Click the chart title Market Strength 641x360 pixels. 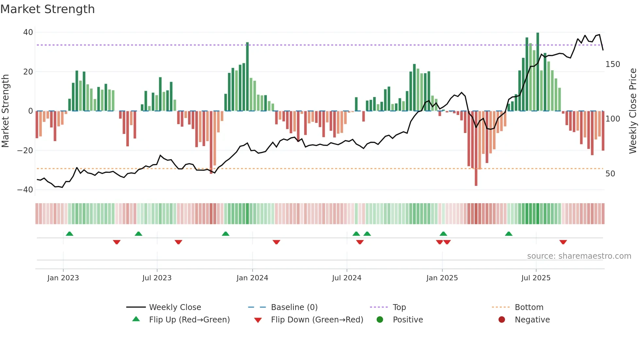pyautogui.click(x=47, y=9)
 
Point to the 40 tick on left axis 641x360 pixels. pyautogui.click(x=28, y=32)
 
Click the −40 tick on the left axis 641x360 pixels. pyautogui.click(x=25, y=190)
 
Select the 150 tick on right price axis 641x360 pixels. pyautogui.click(x=613, y=64)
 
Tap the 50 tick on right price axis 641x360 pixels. pyautogui.click(x=610, y=174)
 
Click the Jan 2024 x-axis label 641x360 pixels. pyautogui.click(x=252, y=278)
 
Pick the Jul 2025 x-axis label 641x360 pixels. pyautogui.click(x=536, y=278)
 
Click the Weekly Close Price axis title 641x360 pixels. pyautogui.click(x=633, y=111)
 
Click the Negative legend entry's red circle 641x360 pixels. pyautogui.click(x=502, y=320)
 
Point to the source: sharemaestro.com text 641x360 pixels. pyautogui.click(x=579, y=256)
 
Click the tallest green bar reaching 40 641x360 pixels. pyautogui.click(x=538, y=72)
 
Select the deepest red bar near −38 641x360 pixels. pyautogui.click(x=476, y=149)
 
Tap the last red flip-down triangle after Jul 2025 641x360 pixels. pyautogui.click(x=563, y=242)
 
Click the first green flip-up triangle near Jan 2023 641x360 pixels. pyautogui.click(x=69, y=234)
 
